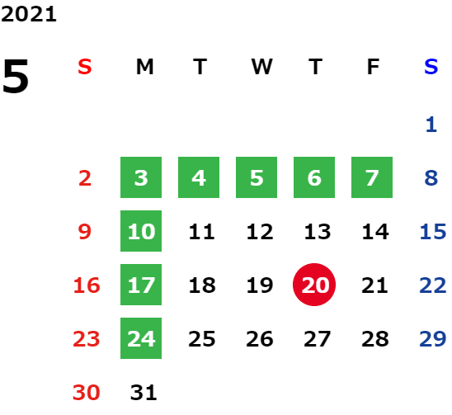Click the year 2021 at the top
(x=29, y=14)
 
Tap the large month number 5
(x=16, y=76)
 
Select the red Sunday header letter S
(x=85, y=67)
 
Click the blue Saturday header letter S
(x=431, y=67)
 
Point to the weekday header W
(x=261, y=67)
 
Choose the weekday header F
(x=374, y=67)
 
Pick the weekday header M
(x=144, y=67)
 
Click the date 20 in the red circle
(x=314, y=285)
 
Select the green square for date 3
(x=141, y=177)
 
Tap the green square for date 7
(x=372, y=177)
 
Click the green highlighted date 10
(x=141, y=231)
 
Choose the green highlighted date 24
(x=141, y=338)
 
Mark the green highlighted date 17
(x=141, y=285)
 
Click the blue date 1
(x=431, y=125)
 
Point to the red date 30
(x=86, y=393)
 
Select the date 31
(x=144, y=393)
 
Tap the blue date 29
(x=433, y=338)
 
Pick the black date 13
(x=318, y=232)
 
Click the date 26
(x=260, y=338)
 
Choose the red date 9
(x=85, y=232)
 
